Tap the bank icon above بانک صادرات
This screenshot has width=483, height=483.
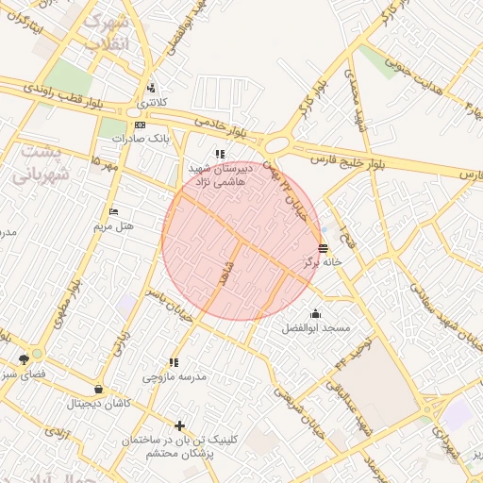pyautogui.click(x=140, y=125)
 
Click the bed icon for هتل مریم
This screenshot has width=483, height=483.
pyautogui.click(x=114, y=211)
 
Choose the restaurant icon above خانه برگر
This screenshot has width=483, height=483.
pyautogui.click(x=325, y=249)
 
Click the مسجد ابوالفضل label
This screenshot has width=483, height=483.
pyautogui.click(x=316, y=327)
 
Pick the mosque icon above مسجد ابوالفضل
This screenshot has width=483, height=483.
pyautogui.click(x=315, y=313)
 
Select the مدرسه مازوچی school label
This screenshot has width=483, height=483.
pyautogui.click(x=175, y=376)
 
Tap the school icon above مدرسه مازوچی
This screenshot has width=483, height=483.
pyautogui.click(x=174, y=362)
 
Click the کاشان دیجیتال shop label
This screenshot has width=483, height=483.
pyautogui.click(x=100, y=403)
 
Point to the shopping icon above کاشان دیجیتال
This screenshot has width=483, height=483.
pyautogui.click(x=99, y=389)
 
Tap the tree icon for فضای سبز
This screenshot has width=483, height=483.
pyautogui.click(x=23, y=359)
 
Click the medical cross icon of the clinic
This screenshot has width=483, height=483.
pyautogui.click(x=180, y=425)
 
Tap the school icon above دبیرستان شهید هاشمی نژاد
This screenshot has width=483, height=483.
pyautogui.click(x=219, y=154)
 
